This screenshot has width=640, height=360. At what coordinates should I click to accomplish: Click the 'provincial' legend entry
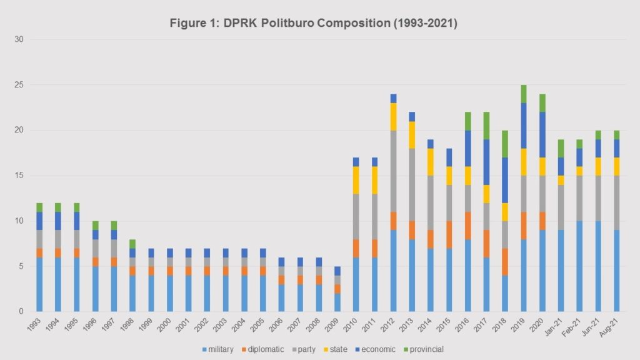coord(426,349)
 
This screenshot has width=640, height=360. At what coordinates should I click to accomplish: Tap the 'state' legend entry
coord(340,349)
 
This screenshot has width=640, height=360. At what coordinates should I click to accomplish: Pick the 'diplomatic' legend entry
coord(267,349)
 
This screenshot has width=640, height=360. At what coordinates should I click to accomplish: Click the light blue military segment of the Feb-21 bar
coord(580,266)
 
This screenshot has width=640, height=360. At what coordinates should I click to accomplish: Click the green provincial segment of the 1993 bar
coord(40,207)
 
